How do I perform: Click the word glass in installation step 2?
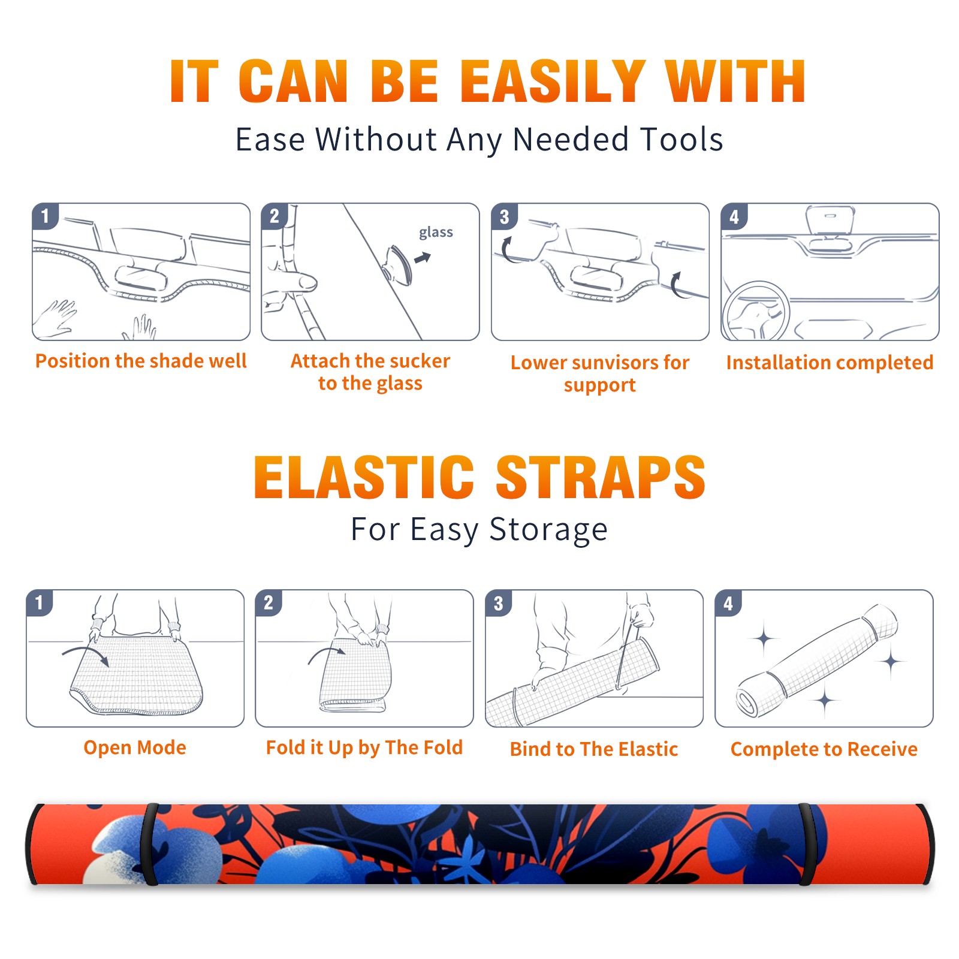436,233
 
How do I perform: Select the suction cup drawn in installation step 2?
397,264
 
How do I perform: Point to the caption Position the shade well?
141,361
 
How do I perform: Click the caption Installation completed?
830,363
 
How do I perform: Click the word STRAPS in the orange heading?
601,477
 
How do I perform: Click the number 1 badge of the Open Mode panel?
40,602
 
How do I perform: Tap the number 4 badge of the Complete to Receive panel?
728,603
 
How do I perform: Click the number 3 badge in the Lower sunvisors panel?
505,217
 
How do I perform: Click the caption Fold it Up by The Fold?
364,747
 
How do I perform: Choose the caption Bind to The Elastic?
594,749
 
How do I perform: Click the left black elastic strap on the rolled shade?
150,844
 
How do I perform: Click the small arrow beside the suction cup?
423,258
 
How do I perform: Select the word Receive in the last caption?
882,749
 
